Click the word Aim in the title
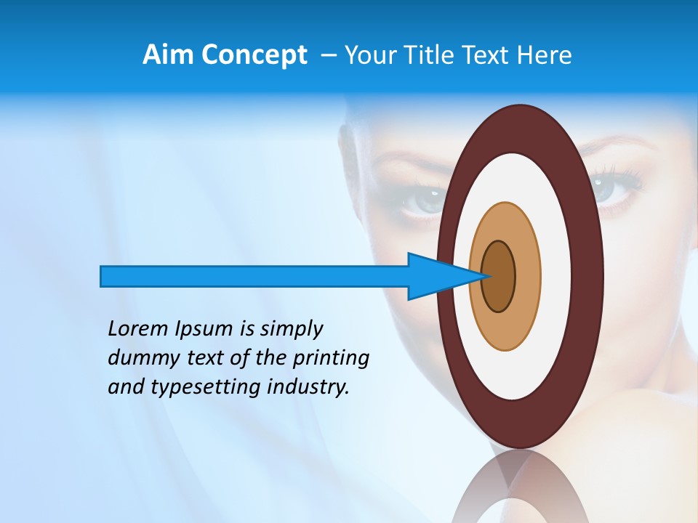pos(167,55)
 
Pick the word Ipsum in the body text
pos(203,329)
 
